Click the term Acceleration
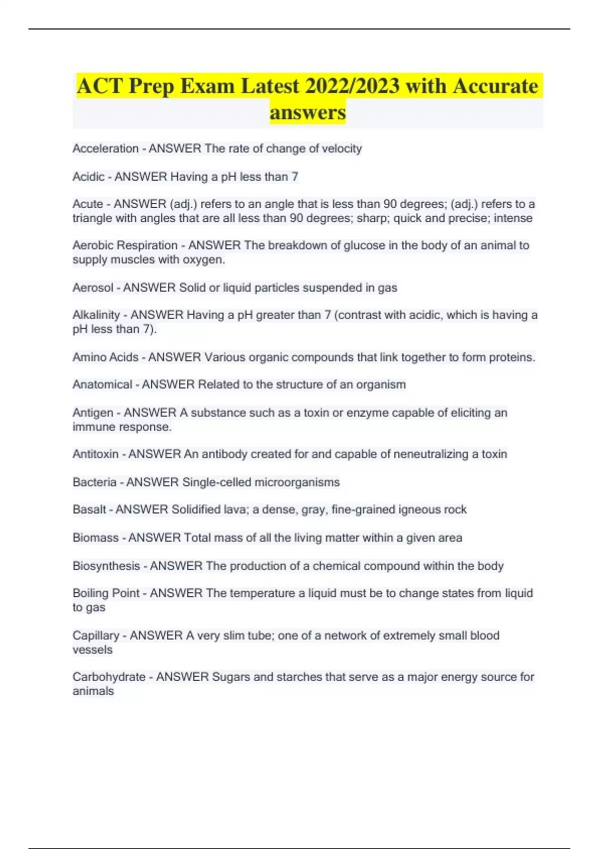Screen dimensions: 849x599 point(105,148)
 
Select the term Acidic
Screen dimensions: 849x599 point(88,176)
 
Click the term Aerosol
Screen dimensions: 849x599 point(93,288)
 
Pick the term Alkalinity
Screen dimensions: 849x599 point(96,315)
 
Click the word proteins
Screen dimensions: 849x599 point(512,357)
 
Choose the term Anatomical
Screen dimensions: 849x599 point(102,385)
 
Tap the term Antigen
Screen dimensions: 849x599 point(93,413)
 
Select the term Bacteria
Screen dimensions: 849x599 point(94,482)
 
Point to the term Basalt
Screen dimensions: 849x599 point(89,509)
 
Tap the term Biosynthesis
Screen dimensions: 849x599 point(106,566)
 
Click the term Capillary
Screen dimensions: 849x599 point(96,635)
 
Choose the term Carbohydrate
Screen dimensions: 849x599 point(109,677)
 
